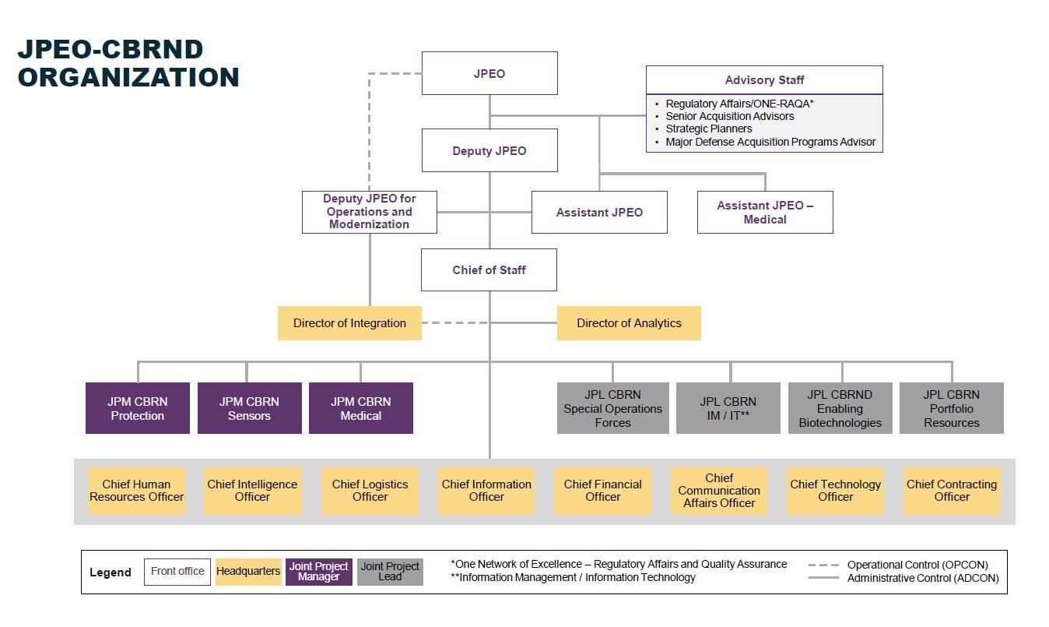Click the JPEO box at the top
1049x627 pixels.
coord(489,73)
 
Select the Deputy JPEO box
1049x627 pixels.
coord(489,150)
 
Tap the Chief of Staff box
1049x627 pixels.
coord(489,269)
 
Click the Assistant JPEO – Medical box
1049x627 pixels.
coord(764,212)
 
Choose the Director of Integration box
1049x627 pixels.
coord(349,322)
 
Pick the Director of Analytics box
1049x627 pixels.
coord(629,322)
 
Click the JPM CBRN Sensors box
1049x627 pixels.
coord(249,408)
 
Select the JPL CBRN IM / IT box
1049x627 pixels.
coord(728,408)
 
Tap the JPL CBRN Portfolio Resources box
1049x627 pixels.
coord(951,408)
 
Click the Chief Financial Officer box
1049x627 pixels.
coord(602,490)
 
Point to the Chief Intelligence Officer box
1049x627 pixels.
coord(252,490)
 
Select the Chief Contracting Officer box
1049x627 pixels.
coord(951,490)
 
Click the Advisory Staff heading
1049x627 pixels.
coord(764,79)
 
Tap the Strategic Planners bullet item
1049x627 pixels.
coord(708,129)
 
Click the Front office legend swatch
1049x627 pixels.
coord(177,571)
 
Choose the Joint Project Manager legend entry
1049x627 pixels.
coord(318,571)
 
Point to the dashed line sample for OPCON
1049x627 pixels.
coord(823,565)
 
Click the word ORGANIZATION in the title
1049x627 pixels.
coord(128,77)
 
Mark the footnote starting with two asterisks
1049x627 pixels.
coord(573,577)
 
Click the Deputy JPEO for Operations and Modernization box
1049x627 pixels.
coord(369,212)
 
